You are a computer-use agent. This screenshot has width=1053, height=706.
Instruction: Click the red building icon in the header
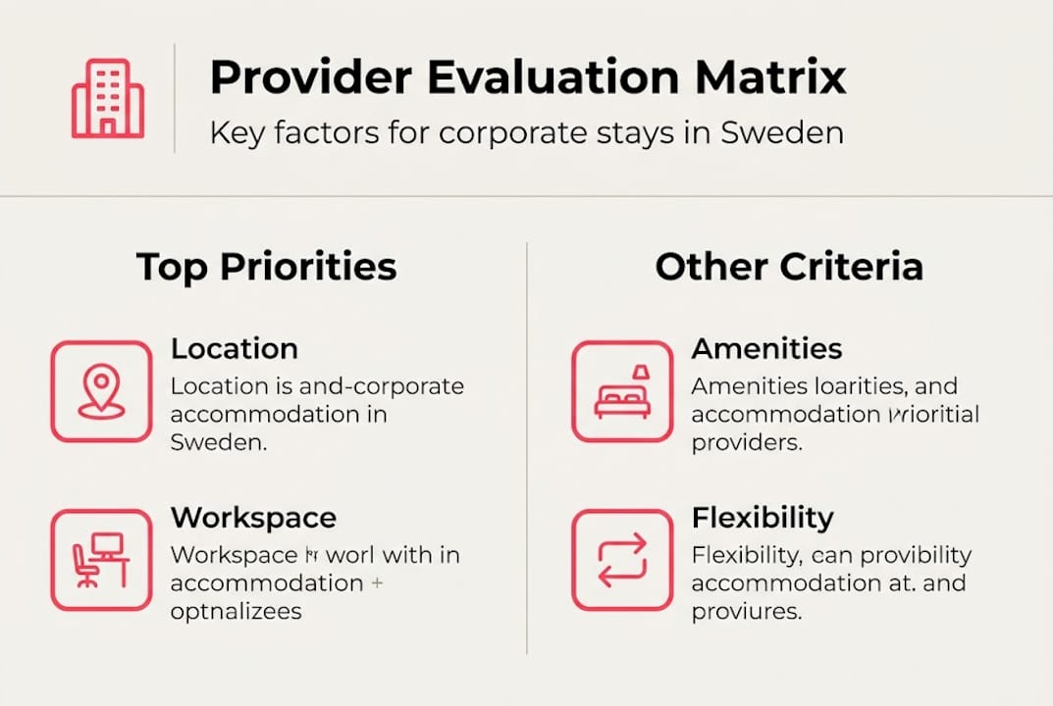pos(108,98)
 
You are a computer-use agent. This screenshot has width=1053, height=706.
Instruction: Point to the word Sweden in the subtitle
pos(782,133)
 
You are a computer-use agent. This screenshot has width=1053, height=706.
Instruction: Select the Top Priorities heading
pos(266,267)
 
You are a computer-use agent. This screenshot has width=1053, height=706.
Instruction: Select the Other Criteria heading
pos(789,267)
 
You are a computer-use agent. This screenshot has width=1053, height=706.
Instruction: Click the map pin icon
pos(101,391)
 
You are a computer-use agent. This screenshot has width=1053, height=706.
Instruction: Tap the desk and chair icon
pos(101,560)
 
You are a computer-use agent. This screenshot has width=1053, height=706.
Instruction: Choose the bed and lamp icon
pos(622,391)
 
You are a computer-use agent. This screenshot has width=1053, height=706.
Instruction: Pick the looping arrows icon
pos(622,560)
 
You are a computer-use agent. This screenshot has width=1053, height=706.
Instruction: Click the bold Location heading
pos(235,349)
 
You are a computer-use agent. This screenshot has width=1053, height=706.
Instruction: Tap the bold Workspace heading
pos(253,518)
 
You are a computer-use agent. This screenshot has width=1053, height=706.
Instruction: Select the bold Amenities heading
pos(766,349)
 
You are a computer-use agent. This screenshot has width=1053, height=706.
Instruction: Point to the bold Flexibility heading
pos(763,518)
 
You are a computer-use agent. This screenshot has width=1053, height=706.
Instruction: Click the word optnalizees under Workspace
pos(236,611)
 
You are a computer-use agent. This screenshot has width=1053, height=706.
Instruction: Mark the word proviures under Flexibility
pos(747,611)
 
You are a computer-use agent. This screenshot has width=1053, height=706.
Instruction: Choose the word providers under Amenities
pos(747,442)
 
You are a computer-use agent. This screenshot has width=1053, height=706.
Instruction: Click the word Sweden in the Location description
pos(218,442)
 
